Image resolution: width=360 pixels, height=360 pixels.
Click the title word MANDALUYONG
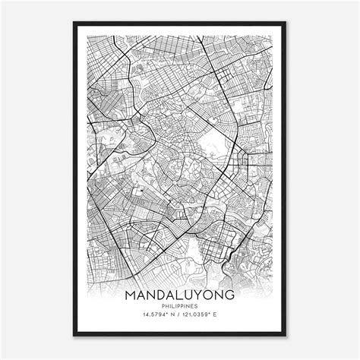click(x=179, y=293)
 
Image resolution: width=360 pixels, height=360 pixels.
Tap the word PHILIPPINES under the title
click(x=179, y=306)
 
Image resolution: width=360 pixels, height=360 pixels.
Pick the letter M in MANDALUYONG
click(x=132, y=293)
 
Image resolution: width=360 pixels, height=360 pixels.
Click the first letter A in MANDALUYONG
click(x=142, y=293)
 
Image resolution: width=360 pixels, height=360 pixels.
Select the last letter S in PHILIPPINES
click(x=198, y=306)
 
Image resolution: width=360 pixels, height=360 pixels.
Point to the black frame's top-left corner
click(x=74, y=26)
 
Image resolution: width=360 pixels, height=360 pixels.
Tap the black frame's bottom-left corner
click(x=74, y=334)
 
